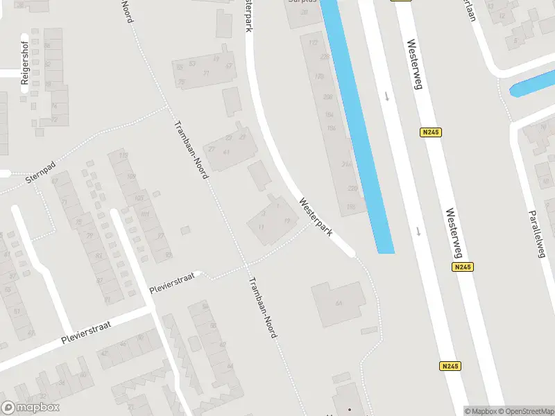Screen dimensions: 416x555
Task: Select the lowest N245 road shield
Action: click(450, 366)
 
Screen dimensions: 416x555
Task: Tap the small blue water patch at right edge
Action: click(531, 88)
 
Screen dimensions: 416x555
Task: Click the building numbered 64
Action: click(338, 304)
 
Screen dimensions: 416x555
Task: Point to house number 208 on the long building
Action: click(327, 97)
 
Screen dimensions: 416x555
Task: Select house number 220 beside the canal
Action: click(352, 188)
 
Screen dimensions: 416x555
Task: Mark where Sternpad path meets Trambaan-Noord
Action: click(167, 107)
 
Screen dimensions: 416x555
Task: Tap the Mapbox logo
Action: click(30, 408)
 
